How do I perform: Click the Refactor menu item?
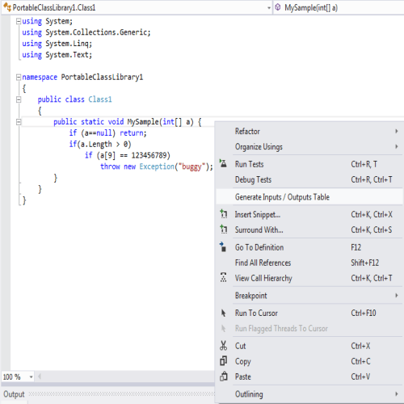click(x=247, y=132)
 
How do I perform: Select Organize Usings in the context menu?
click(x=259, y=147)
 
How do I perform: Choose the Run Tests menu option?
click(x=249, y=164)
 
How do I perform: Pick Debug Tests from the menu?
click(x=253, y=179)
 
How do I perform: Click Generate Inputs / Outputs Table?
click(x=282, y=197)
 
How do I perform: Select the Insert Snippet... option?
click(x=258, y=215)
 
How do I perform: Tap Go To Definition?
click(x=259, y=247)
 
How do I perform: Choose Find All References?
click(x=263, y=263)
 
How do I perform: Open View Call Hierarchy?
click(x=263, y=278)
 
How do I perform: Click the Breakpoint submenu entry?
click(x=250, y=296)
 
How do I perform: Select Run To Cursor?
click(x=256, y=313)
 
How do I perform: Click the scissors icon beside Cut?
click(x=223, y=346)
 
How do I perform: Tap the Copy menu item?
click(x=243, y=361)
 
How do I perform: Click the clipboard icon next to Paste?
click(x=224, y=377)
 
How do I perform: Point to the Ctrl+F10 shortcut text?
click(x=364, y=313)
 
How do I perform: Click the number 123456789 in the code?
click(x=150, y=155)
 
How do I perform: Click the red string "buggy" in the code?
click(x=191, y=166)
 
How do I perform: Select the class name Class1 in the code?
click(x=100, y=99)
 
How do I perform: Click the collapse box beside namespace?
click(x=19, y=78)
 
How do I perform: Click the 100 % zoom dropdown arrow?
click(x=32, y=377)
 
